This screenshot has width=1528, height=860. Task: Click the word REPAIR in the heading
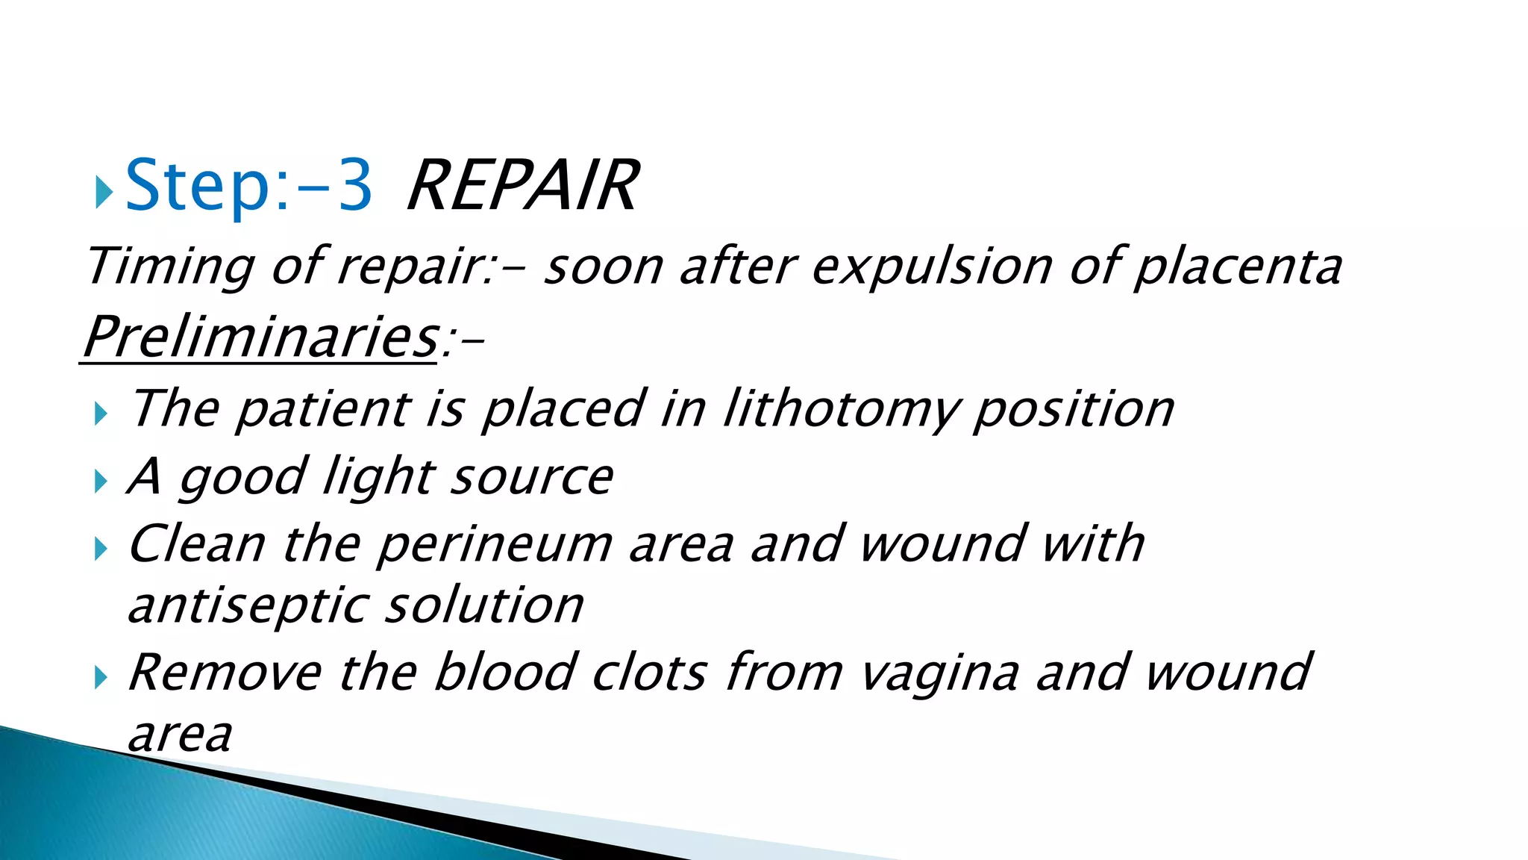[522, 186]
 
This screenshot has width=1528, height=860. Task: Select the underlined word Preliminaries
[260, 337]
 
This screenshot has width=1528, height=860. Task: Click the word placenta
[1237, 267]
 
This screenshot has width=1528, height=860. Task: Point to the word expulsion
[932, 267]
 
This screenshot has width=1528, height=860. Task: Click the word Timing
[170, 267]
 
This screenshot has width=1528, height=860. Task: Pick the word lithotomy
[841, 409]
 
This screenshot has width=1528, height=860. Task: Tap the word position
[1074, 409]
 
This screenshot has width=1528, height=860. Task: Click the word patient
[323, 409]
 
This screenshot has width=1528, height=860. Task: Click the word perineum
[495, 543]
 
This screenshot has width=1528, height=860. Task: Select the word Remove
[225, 672]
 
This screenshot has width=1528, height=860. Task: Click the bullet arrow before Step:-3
[104, 193]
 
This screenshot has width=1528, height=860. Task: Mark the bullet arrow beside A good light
[101, 482]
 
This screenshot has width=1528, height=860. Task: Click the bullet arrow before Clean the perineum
[101, 550]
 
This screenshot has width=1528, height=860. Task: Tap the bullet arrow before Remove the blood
[101, 679]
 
